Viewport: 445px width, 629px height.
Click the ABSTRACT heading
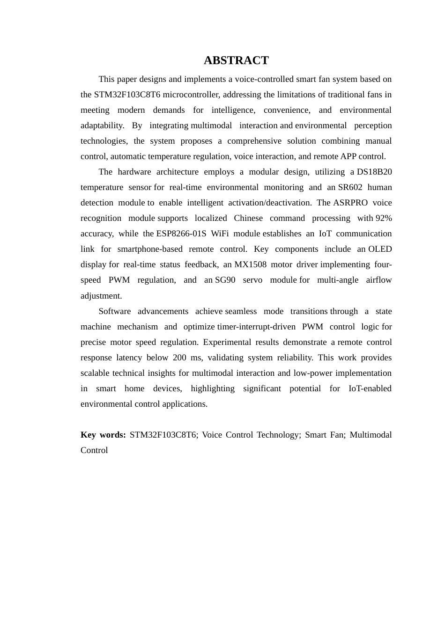[x=236, y=60]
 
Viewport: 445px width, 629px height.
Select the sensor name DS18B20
[x=374, y=172]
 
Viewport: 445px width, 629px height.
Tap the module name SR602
[x=350, y=187]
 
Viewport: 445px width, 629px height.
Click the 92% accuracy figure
[x=384, y=218]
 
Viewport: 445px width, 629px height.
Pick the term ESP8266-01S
[x=181, y=234]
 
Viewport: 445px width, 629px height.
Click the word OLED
[x=380, y=249]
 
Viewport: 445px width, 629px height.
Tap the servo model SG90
[x=225, y=280]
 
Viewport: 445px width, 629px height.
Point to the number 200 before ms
[x=179, y=358]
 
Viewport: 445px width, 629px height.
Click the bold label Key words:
[x=103, y=435]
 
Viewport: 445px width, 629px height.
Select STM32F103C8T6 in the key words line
[x=163, y=435]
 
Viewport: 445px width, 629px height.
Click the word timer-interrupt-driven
[x=256, y=327]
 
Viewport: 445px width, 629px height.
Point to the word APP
[x=348, y=156]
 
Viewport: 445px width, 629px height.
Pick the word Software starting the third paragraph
[x=115, y=311]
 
